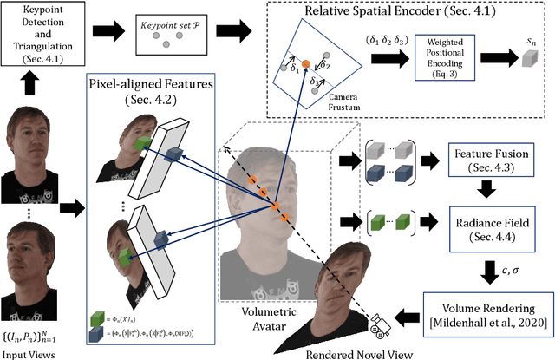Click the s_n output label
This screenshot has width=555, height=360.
click(531, 41)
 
